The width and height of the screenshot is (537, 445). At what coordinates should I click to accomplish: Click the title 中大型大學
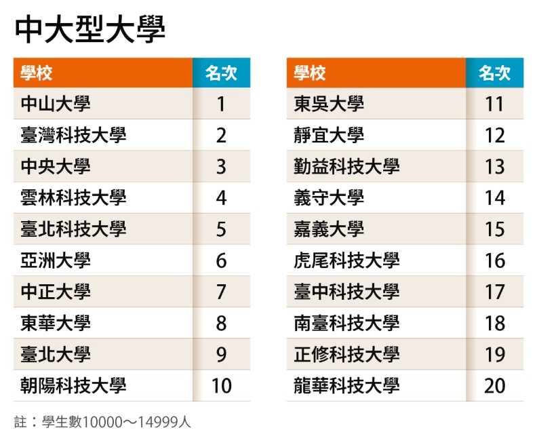[x=90, y=29]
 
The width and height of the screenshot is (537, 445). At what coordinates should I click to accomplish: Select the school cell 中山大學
[x=56, y=104]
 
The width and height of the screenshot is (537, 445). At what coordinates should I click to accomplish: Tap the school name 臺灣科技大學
[x=73, y=135]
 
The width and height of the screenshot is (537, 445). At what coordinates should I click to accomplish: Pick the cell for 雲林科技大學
[x=73, y=197]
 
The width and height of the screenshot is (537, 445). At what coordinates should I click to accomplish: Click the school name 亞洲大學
[x=56, y=260]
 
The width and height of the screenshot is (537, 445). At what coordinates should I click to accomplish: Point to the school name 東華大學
[x=56, y=323]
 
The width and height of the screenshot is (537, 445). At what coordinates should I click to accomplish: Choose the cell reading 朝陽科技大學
[x=73, y=386]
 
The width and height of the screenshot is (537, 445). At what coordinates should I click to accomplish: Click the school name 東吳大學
[x=329, y=104]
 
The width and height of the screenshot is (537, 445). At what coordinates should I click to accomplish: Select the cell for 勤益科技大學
[x=346, y=166]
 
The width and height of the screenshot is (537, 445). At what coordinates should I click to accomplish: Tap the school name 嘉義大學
[x=329, y=229]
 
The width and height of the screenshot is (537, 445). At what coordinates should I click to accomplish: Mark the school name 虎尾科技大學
[x=346, y=260]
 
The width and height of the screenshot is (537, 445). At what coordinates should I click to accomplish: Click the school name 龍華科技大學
[x=346, y=386]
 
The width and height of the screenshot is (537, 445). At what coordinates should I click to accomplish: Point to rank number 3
[x=221, y=167]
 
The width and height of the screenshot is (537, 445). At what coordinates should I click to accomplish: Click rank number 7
[x=221, y=292]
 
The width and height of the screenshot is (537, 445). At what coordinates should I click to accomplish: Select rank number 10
[x=222, y=386]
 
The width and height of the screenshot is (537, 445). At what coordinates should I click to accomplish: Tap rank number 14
[x=495, y=198]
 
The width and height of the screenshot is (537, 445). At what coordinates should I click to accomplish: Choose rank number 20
[x=495, y=386]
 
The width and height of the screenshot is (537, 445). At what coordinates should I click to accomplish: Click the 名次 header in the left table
[x=221, y=73]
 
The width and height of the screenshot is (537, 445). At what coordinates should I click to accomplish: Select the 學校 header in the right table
[x=310, y=73]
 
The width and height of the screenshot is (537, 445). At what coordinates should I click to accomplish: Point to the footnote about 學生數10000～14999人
[x=103, y=422]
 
